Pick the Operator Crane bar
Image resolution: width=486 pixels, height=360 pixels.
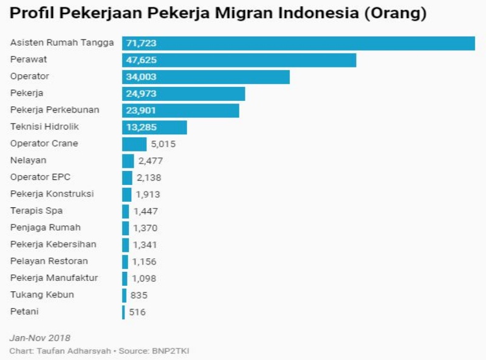click(x=134, y=144)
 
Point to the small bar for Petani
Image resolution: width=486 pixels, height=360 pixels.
click(x=123, y=312)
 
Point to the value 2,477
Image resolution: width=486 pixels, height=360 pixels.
click(x=150, y=161)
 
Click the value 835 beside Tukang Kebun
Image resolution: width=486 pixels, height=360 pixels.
click(x=139, y=295)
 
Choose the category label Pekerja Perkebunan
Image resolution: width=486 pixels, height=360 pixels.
click(x=55, y=110)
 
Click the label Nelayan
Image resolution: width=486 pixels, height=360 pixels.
click(x=29, y=161)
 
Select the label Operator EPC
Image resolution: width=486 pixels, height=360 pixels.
click(x=40, y=177)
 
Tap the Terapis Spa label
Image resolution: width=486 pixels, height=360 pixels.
click(x=36, y=211)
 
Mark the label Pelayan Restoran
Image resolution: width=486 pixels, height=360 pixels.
click(x=49, y=261)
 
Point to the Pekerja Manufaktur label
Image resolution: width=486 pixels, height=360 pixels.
click(x=54, y=278)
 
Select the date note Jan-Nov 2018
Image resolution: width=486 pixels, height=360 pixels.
click(x=40, y=337)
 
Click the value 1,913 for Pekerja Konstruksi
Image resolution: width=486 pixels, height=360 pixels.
click(x=148, y=195)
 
